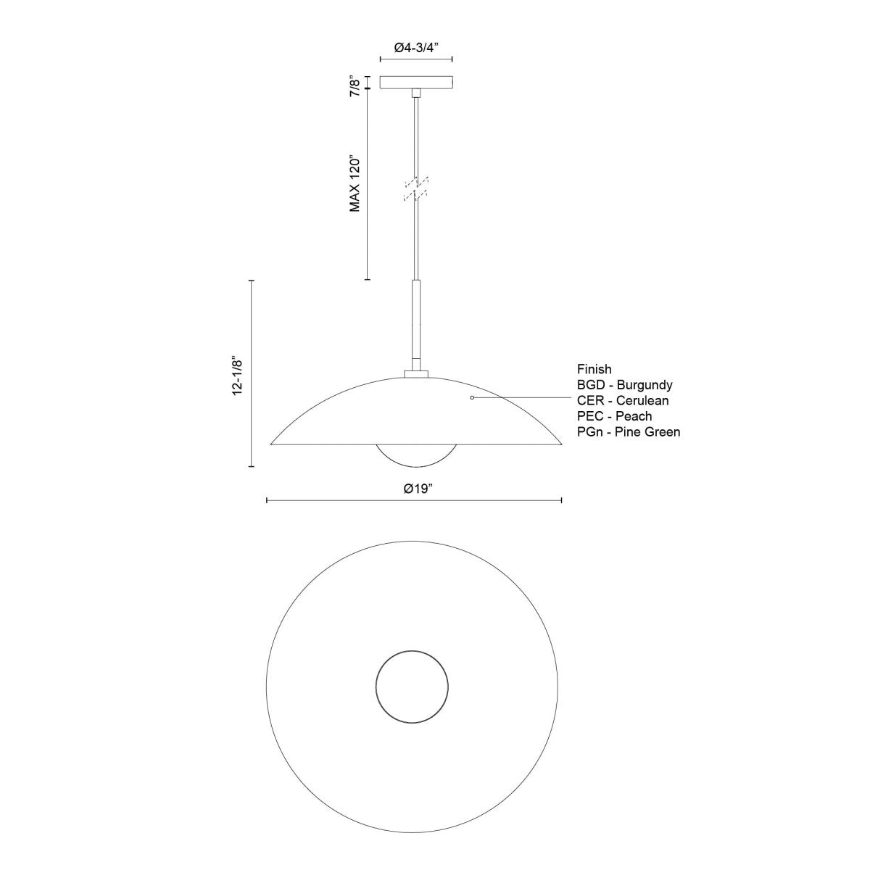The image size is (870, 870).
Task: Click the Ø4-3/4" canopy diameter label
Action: point(418,47)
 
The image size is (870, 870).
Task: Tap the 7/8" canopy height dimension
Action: point(355,83)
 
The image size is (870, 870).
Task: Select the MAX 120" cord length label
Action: point(355,183)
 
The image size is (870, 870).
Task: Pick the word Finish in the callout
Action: point(594,369)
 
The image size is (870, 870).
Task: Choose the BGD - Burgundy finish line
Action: point(625,385)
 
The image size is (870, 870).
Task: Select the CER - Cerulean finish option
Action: point(623,400)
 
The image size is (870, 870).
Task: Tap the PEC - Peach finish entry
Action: point(614,416)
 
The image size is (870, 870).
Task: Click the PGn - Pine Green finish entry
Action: point(628,432)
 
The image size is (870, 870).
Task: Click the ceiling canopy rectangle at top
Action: point(416,83)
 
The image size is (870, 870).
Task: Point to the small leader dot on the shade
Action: point(472,398)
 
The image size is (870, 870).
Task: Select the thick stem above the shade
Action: point(415,326)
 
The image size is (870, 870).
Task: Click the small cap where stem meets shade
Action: point(415,375)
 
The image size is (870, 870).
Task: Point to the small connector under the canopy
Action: point(415,94)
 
